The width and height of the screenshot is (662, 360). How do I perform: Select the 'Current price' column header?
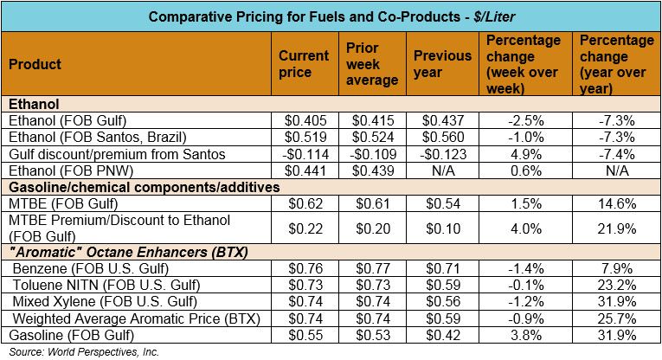303,64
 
